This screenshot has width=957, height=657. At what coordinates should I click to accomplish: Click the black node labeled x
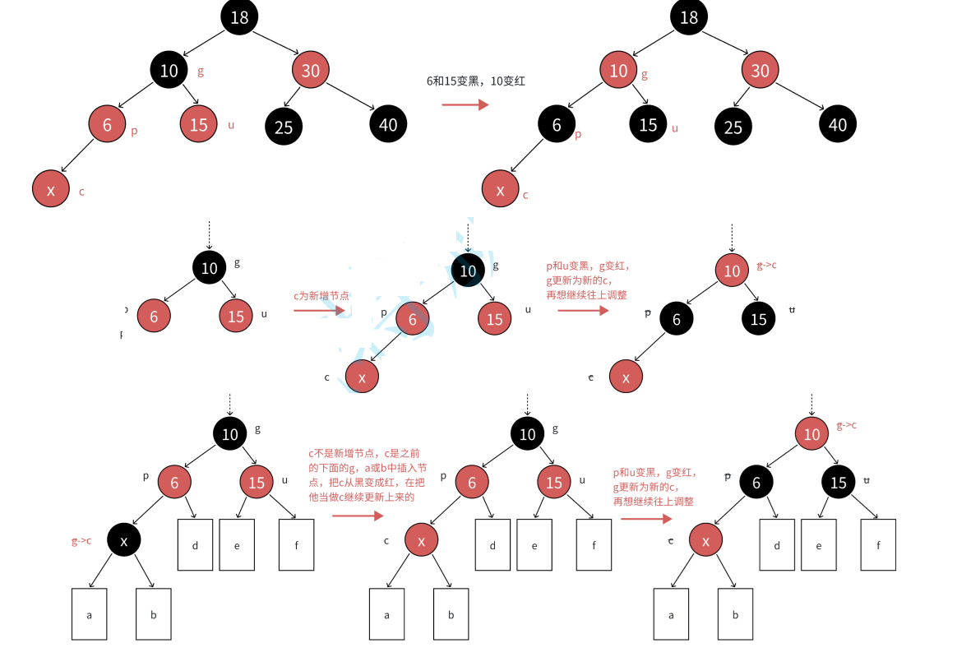tap(124, 540)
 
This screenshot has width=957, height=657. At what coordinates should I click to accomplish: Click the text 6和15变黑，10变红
tap(476, 81)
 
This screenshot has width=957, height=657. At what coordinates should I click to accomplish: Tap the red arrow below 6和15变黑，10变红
tap(465, 104)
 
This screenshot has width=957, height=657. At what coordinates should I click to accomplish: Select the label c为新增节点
tap(321, 296)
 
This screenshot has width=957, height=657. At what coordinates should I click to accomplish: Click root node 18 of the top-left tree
tap(239, 17)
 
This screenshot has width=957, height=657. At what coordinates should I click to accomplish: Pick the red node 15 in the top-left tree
tap(199, 124)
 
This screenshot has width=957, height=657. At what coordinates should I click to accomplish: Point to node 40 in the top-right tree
tap(838, 124)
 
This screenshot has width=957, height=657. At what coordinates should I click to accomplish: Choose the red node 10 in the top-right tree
tap(618, 71)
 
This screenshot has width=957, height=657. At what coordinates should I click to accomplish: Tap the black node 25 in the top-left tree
tap(284, 127)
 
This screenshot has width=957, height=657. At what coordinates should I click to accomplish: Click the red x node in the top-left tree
tap(51, 190)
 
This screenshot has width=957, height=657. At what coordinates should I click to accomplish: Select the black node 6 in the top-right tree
tap(557, 125)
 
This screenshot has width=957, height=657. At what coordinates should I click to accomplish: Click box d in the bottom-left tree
tap(195, 544)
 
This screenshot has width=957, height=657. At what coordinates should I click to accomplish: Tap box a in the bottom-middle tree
tap(386, 613)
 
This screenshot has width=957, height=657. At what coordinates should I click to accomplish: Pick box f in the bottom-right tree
tap(878, 544)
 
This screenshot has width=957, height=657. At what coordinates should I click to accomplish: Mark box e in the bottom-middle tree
tap(534, 544)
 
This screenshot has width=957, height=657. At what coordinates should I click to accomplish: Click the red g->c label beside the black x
tap(81, 540)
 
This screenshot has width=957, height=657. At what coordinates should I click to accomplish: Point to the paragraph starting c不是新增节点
tap(366, 474)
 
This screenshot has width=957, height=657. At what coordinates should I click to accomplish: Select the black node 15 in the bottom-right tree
tap(838, 483)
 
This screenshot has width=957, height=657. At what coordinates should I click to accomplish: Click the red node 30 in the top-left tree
tap(310, 71)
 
